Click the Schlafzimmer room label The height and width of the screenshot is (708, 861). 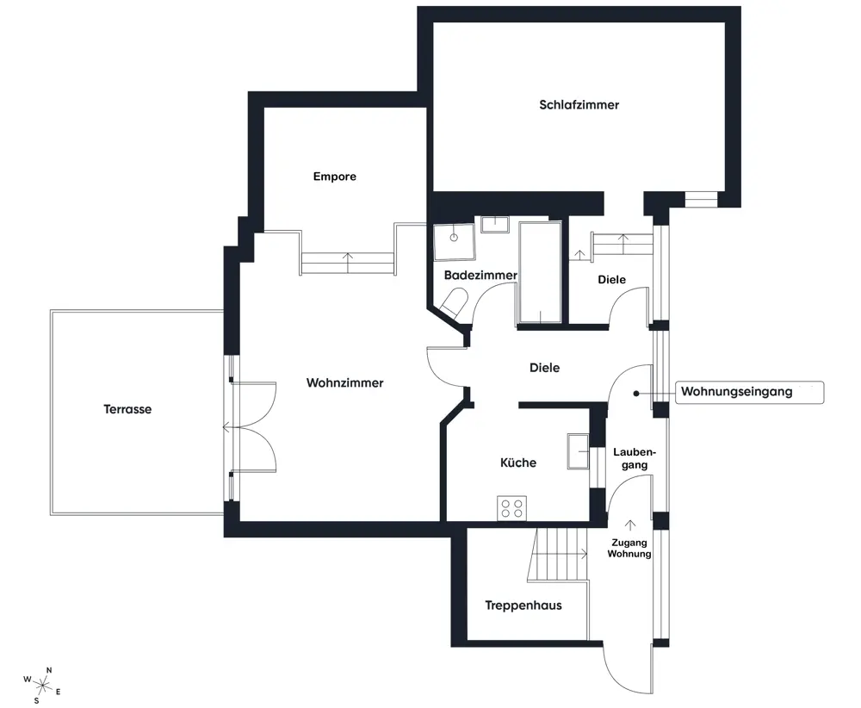(579, 105)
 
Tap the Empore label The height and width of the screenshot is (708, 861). (334, 177)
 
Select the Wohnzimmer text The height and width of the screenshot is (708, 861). (345, 382)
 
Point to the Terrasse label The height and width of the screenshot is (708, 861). (127, 409)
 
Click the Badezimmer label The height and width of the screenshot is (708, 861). (480, 275)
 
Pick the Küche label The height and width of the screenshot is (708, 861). (517, 463)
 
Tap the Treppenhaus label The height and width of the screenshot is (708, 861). (523, 606)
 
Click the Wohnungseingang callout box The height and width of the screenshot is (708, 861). (749, 392)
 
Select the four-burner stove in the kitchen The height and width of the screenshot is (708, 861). (511, 508)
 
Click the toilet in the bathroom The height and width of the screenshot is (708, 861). (455, 303)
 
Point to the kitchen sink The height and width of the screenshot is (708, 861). (578, 451)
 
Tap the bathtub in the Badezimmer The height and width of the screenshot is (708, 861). (541, 272)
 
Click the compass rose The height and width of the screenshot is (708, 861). (41, 685)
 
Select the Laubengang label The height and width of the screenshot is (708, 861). (635, 458)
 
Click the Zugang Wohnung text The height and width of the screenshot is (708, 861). (629, 548)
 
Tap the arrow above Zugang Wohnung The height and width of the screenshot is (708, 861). (630, 525)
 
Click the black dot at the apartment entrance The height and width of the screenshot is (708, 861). (636, 394)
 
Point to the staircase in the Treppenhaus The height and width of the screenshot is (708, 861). (557, 554)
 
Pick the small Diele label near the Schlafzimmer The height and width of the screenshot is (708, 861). (611, 280)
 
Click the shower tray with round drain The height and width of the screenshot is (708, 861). (454, 242)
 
